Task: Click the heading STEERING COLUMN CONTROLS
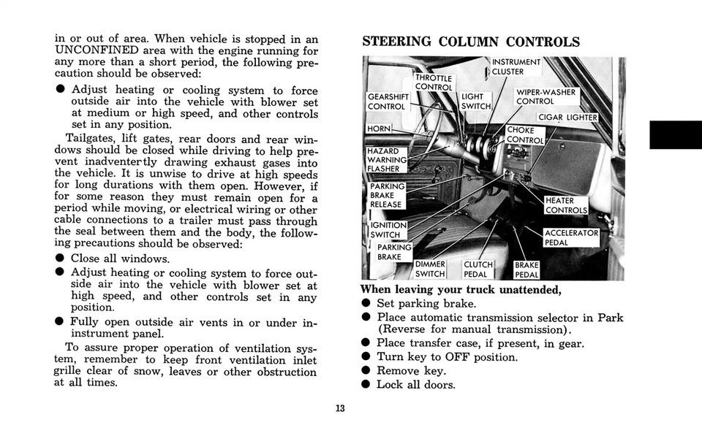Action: (471, 42)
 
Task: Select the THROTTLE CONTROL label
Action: (434, 83)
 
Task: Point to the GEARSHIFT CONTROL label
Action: (388, 102)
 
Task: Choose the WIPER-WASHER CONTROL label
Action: (546, 97)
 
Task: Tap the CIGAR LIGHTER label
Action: (567, 118)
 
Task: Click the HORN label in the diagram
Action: (379, 129)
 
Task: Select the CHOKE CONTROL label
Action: (525, 135)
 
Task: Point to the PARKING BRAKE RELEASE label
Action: (386, 195)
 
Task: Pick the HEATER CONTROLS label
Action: (566, 205)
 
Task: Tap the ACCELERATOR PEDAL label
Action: (571, 237)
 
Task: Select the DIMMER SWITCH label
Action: (430, 269)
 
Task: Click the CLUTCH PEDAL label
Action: (478, 269)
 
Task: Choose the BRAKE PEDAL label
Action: (526, 270)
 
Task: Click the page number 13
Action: (340, 407)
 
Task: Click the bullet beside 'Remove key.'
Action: (366, 371)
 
